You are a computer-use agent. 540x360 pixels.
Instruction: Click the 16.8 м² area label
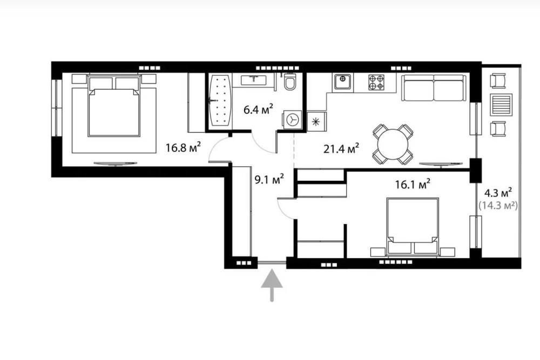(x=183, y=148)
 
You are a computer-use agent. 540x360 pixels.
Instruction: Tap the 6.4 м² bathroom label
(x=258, y=110)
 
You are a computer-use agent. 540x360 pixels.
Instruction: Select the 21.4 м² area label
(x=341, y=148)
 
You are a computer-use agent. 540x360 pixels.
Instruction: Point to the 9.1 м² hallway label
(x=269, y=179)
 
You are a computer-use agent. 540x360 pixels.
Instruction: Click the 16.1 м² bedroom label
(x=413, y=184)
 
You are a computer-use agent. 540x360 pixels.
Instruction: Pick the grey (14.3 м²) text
(x=498, y=206)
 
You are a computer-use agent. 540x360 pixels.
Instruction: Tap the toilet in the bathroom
(x=290, y=81)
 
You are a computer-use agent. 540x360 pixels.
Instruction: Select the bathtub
(x=220, y=100)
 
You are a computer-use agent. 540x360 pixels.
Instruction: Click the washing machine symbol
(x=292, y=120)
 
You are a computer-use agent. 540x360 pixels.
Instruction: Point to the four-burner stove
(x=376, y=82)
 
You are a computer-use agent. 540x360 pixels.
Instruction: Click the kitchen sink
(x=342, y=81)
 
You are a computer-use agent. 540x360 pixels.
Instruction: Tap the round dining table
(x=393, y=145)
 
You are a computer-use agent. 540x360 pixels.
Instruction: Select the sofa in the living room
(x=434, y=87)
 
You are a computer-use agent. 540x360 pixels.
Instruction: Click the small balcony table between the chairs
(x=498, y=105)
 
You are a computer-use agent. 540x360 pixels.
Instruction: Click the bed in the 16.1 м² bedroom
(x=413, y=227)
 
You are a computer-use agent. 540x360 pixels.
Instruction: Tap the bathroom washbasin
(x=254, y=80)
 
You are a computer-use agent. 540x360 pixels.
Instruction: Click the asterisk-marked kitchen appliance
(x=316, y=121)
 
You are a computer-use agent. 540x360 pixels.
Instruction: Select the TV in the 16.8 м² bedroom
(x=116, y=163)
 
